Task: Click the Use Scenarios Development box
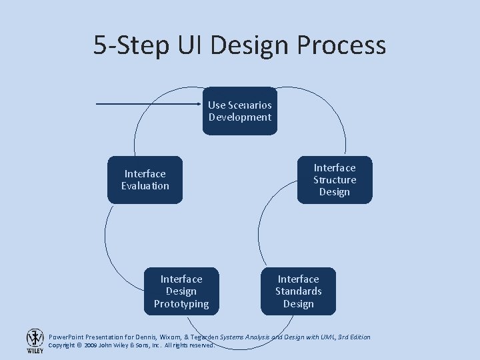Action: coord(240,111)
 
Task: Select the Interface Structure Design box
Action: coord(334,180)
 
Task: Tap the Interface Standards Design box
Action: coord(298,291)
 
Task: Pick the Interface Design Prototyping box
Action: coord(181,291)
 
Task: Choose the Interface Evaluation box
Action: coord(145,180)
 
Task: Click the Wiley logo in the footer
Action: coord(35,341)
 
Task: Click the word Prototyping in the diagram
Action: coord(181,304)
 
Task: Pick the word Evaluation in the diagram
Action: coord(145,186)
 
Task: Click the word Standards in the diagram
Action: coord(298,291)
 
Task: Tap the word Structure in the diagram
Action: coord(334,180)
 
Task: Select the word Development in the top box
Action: coord(240,117)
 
